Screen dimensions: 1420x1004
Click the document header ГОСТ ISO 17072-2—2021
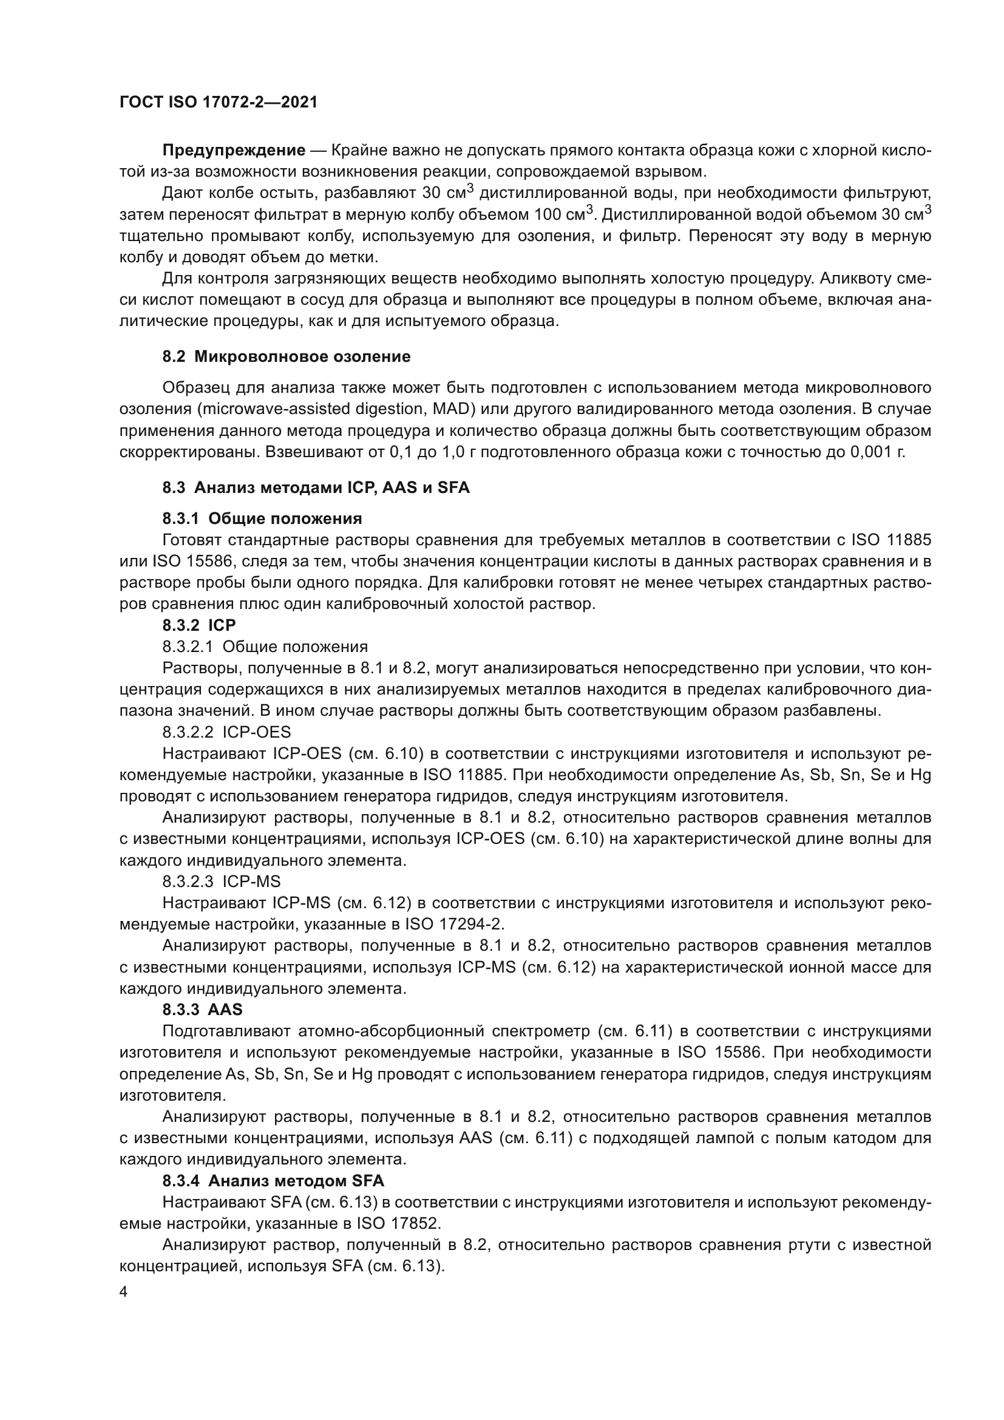point(218,102)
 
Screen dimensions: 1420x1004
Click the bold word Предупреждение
point(234,150)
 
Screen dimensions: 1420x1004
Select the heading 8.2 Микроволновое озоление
point(287,356)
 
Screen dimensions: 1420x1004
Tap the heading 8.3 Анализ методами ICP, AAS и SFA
point(316,487)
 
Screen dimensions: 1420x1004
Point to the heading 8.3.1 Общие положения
point(262,518)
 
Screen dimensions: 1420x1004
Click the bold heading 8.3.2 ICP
point(199,625)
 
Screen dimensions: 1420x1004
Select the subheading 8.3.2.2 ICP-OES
point(226,732)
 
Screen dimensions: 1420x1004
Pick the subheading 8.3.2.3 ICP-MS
point(222,882)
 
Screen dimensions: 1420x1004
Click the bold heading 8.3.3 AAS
point(202,1010)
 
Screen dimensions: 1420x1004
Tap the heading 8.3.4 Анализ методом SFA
point(273,1181)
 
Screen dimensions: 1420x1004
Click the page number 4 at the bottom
point(124,1293)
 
